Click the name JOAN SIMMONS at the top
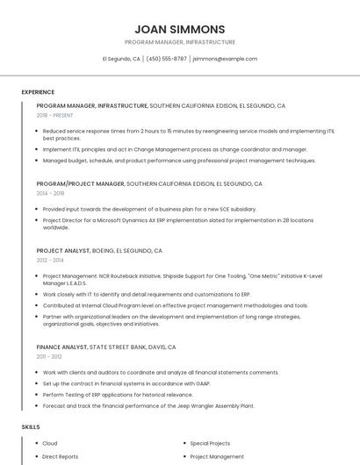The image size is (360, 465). (180, 29)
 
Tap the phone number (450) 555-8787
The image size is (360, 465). (167, 59)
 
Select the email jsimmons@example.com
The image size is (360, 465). (225, 59)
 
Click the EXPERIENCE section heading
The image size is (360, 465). (38, 92)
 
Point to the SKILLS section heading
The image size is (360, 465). (31, 426)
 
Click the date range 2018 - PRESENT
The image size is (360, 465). (54, 115)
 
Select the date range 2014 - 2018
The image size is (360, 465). (50, 193)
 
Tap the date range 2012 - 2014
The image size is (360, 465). (50, 260)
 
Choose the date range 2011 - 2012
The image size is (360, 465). (49, 356)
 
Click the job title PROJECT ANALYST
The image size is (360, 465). (63, 251)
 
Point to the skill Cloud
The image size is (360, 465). (50, 443)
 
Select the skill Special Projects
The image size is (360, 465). (210, 443)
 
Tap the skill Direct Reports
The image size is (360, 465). (61, 456)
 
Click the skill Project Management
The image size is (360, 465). (217, 456)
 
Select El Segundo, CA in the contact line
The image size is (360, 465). (121, 59)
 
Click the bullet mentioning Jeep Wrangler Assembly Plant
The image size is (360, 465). (148, 406)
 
